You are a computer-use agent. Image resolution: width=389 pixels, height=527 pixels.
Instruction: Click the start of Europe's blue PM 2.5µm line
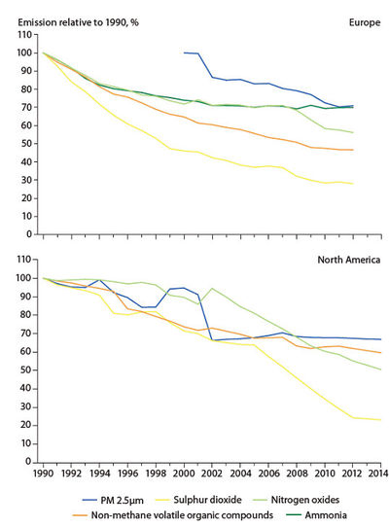click(x=185, y=53)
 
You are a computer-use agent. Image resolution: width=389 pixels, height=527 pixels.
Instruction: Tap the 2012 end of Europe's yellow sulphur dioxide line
click(x=351, y=183)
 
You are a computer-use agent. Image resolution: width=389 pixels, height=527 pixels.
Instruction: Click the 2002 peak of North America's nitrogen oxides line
click(x=212, y=289)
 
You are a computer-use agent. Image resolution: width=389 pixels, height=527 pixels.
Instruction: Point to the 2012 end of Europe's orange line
click(x=351, y=150)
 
